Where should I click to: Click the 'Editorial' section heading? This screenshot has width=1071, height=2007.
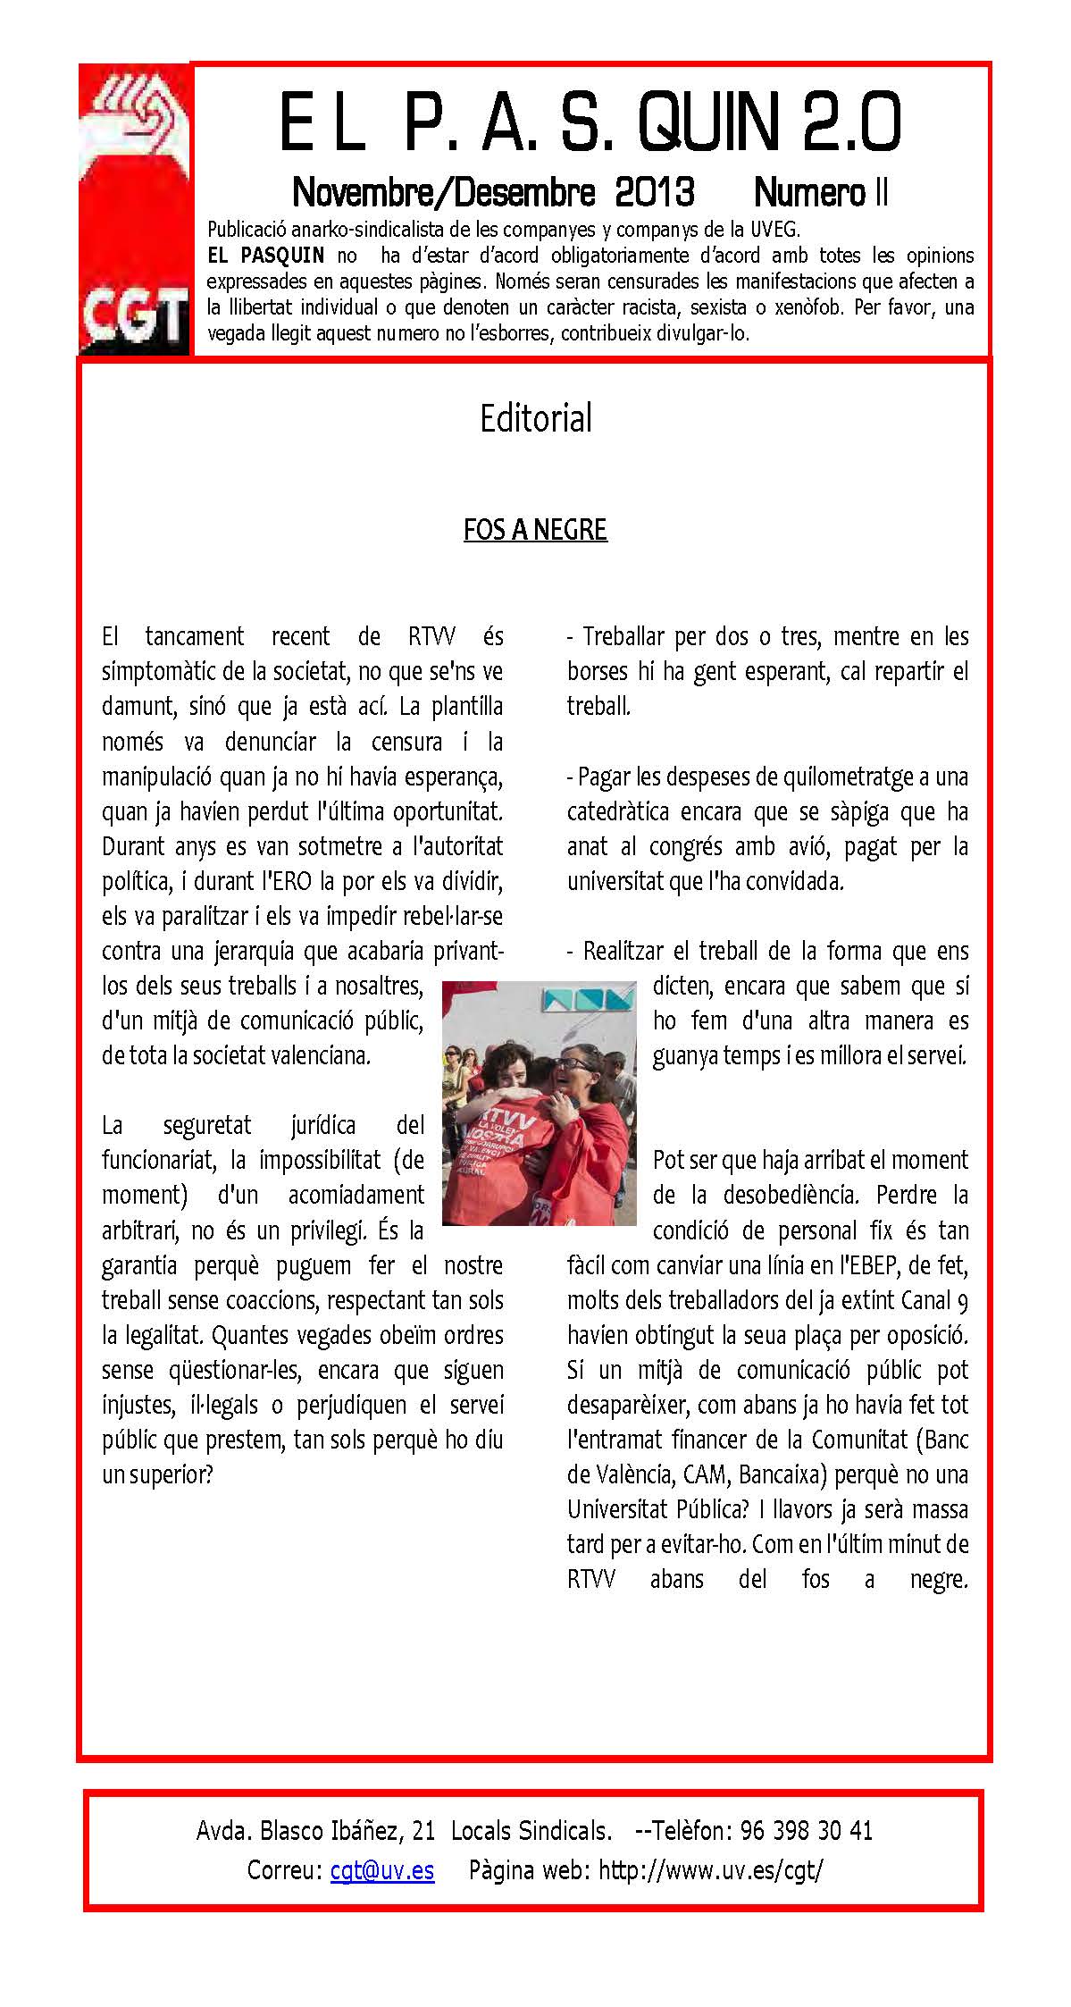click(x=536, y=418)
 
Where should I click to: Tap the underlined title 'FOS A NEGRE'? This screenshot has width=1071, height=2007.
click(x=535, y=530)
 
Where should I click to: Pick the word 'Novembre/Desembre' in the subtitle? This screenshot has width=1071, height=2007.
click(x=444, y=191)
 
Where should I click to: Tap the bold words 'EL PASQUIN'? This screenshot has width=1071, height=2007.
click(x=265, y=256)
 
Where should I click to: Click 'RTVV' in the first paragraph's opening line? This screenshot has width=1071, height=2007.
click(x=432, y=636)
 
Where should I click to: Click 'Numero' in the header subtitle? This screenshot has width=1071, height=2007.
click(x=809, y=191)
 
